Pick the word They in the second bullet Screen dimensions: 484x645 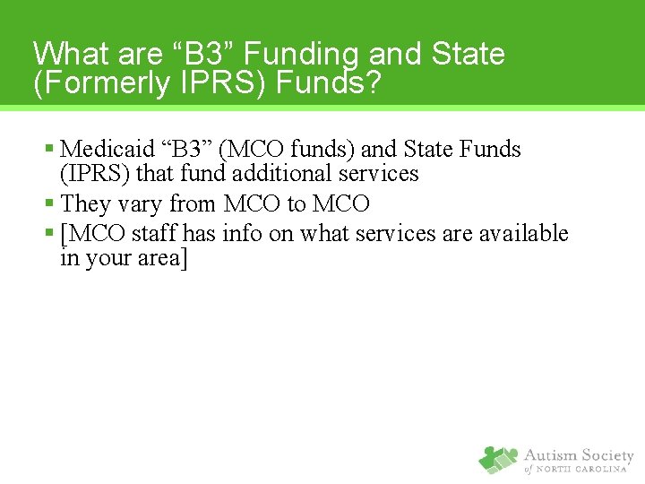tap(86, 203)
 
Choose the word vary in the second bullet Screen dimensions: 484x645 tap(139, 204)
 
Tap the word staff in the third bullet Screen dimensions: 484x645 tap(155, 234)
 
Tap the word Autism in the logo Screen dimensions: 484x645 tap(549, 455)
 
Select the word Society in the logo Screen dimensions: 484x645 tap(605, 455)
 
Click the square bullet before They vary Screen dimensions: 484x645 tap(49, 204)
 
